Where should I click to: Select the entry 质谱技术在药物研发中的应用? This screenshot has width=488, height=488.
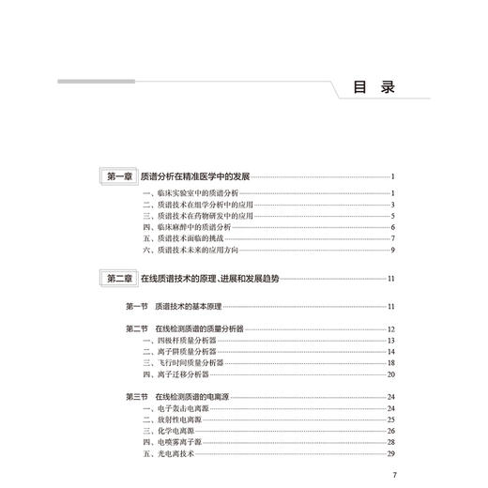click(191, 216)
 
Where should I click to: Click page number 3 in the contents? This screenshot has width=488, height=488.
click(391, 205)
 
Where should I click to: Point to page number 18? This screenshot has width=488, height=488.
click(389, 362)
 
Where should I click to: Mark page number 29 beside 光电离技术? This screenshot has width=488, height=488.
click(389, 452)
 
